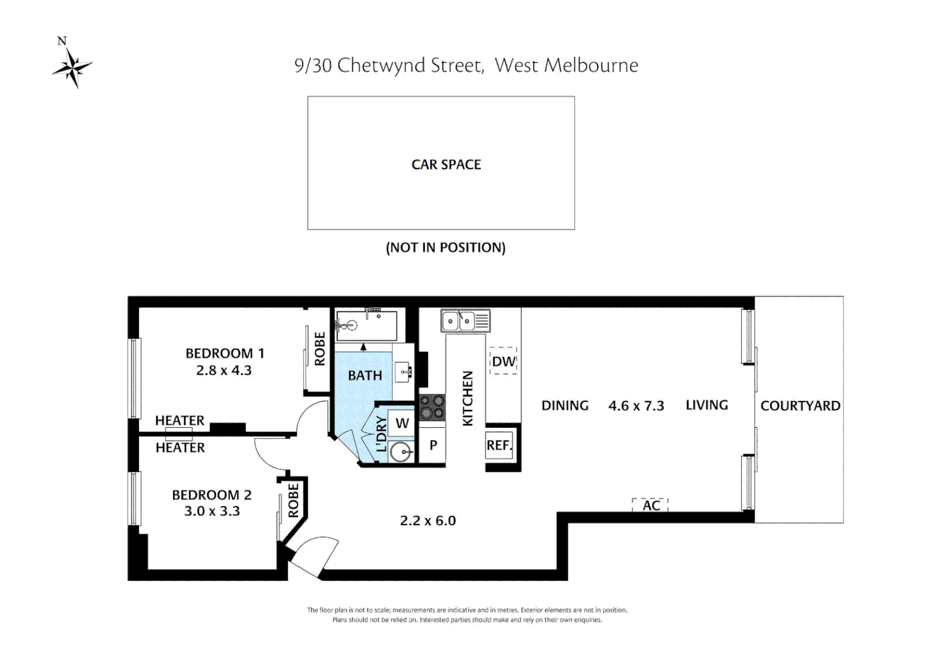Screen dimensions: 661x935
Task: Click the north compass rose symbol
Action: (72, 67)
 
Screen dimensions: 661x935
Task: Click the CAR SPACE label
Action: (446, 165)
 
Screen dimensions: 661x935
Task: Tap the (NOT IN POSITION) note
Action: (445, 248)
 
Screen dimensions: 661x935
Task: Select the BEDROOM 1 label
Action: (225, 354)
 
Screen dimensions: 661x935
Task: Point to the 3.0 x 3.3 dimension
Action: (212, 511)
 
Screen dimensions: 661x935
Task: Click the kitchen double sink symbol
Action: (466, 320)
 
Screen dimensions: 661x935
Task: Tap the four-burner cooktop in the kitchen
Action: (432, 406)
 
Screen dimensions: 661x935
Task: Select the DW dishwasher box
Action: (504, 362)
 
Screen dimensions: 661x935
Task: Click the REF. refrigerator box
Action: (499, 445)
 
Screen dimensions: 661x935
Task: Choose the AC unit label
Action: (650, 506)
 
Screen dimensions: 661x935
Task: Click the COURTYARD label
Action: (800, 406)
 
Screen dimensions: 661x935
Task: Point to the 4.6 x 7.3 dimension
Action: (636, 406)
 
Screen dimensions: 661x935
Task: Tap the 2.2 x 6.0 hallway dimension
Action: (428, 521)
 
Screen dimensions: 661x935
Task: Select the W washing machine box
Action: (402, 423)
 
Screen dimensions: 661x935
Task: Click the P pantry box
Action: (433, 445)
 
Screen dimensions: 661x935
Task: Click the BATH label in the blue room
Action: (365, 376)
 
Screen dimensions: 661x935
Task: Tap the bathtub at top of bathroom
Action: (366, 326)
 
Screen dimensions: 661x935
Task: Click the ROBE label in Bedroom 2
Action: (294, 500)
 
